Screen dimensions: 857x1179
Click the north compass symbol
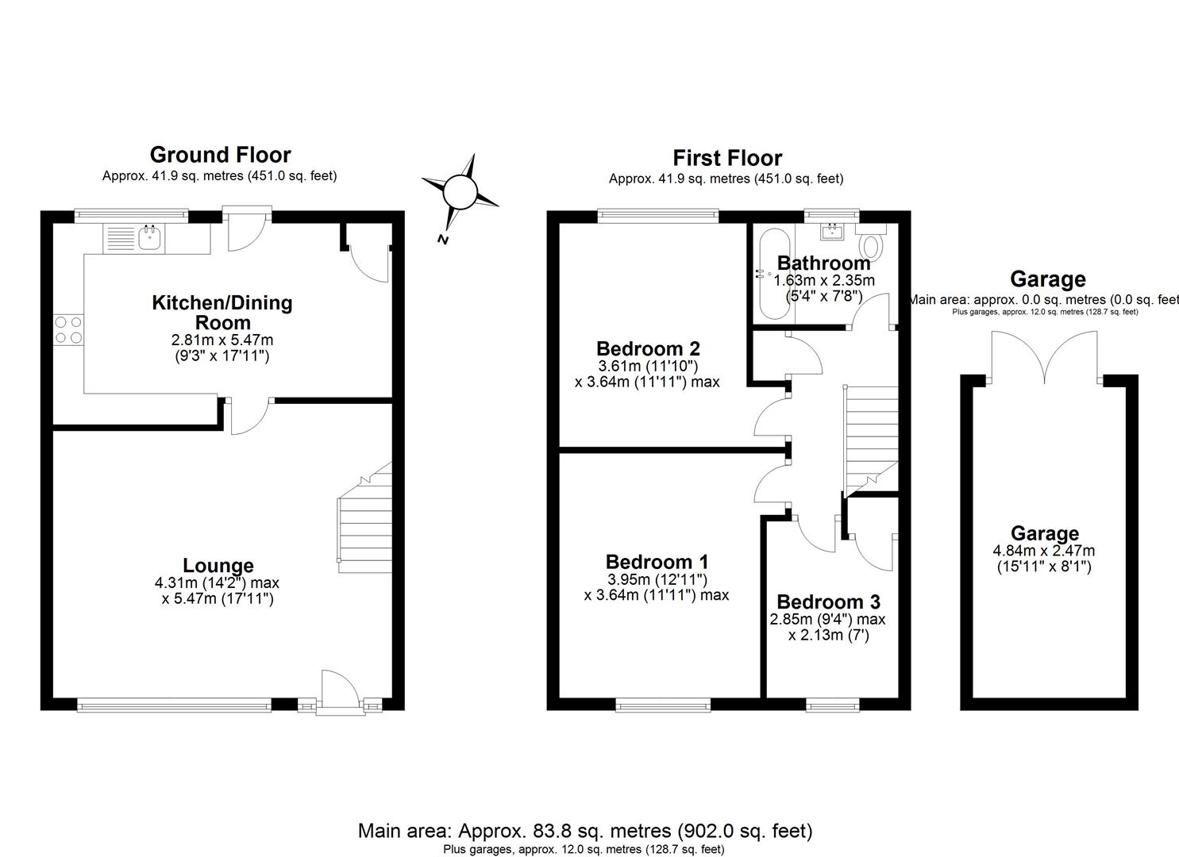point(459,192)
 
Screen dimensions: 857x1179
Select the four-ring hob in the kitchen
point(68,330)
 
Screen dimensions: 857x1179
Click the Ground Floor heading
point(220,155)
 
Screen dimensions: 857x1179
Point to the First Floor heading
point(727,158)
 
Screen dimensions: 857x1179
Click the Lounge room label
point(218,565)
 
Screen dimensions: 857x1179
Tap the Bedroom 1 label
point(657,562)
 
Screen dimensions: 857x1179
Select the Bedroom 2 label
point(648,348)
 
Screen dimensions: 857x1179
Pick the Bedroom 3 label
point(828,601)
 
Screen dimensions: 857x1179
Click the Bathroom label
point(823,263)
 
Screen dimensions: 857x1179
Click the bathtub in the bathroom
point(770,274)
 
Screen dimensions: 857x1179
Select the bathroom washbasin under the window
point(832,232)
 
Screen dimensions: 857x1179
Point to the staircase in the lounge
point(366,524)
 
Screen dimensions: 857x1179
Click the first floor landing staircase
point(871,436)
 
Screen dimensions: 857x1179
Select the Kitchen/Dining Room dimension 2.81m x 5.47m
point(222,340)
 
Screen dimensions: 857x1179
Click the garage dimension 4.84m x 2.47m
point(1043,551)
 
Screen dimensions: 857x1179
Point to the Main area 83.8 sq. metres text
point(585,831)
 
